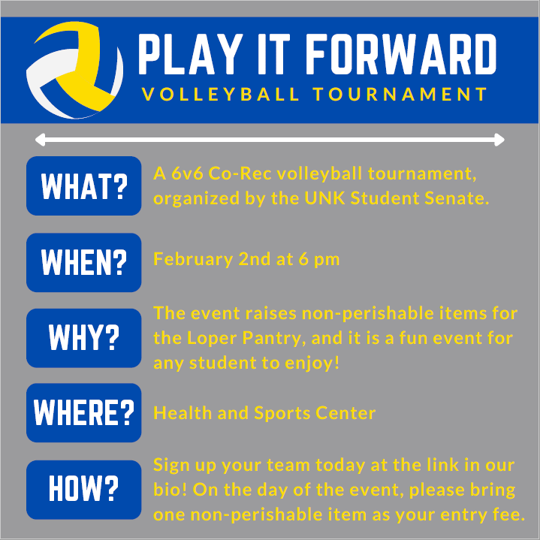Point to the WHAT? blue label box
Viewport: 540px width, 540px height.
coord(83,186)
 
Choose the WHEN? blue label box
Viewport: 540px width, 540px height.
coord(83,261)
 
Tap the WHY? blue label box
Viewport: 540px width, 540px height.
coord(83,337)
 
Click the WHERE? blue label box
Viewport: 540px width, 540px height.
coord(83,412)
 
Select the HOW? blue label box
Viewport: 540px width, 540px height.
coord(83,489)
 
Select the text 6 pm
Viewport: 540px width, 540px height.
coord(319,260)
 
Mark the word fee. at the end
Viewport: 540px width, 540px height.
coord(507,515)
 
